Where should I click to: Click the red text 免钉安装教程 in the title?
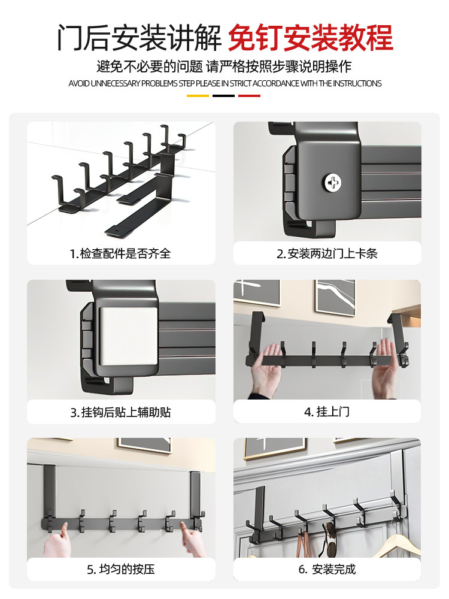click(310, 37)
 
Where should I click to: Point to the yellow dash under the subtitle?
click(198, 95)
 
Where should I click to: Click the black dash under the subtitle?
click(224, 95)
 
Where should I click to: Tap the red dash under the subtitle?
click(249, 95)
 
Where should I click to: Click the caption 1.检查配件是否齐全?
click(120, 253)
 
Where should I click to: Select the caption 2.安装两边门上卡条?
click(327, 253)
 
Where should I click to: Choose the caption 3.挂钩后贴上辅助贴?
click(120, 412)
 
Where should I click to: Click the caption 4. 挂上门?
click(327, 412)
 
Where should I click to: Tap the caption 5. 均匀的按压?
click(120, 569)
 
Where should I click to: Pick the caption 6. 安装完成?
click(327, 569)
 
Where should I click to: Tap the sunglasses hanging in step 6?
click(329, 533)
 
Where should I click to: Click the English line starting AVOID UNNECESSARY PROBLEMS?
click(224, 83)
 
